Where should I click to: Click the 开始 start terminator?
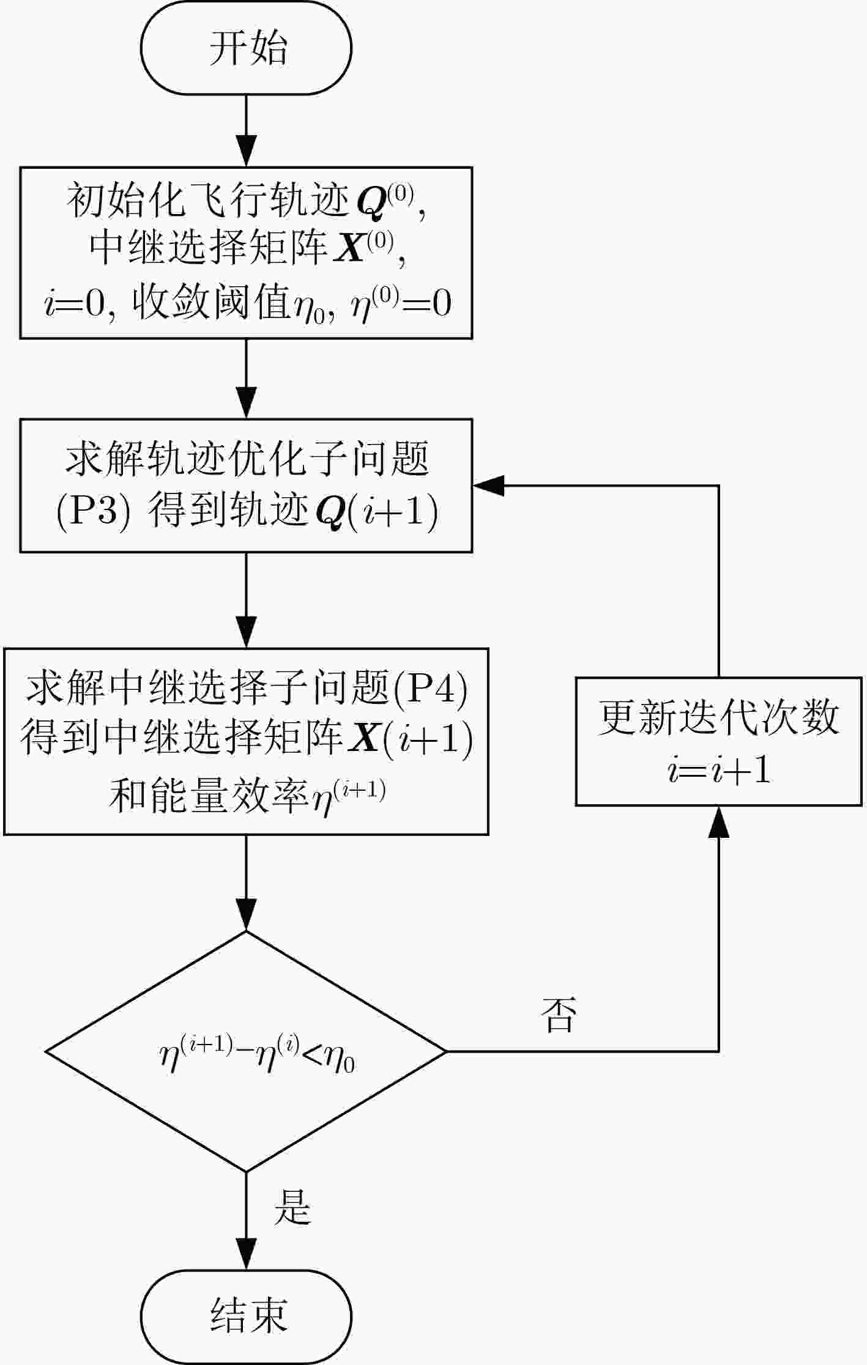[x=246, y=48]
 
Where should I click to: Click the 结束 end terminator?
[x=246, y=1315]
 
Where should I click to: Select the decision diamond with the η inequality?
[x=246, y=1052]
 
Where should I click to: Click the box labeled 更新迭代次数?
[x=718, y=741]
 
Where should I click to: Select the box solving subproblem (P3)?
[x=246, y=486]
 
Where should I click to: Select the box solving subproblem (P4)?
[x=246, y=741]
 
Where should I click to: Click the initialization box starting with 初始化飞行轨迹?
[x=246, y=253]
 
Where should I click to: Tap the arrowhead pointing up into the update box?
[x=718, y=821]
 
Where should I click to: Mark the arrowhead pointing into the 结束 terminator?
[x=246, y=1254]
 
